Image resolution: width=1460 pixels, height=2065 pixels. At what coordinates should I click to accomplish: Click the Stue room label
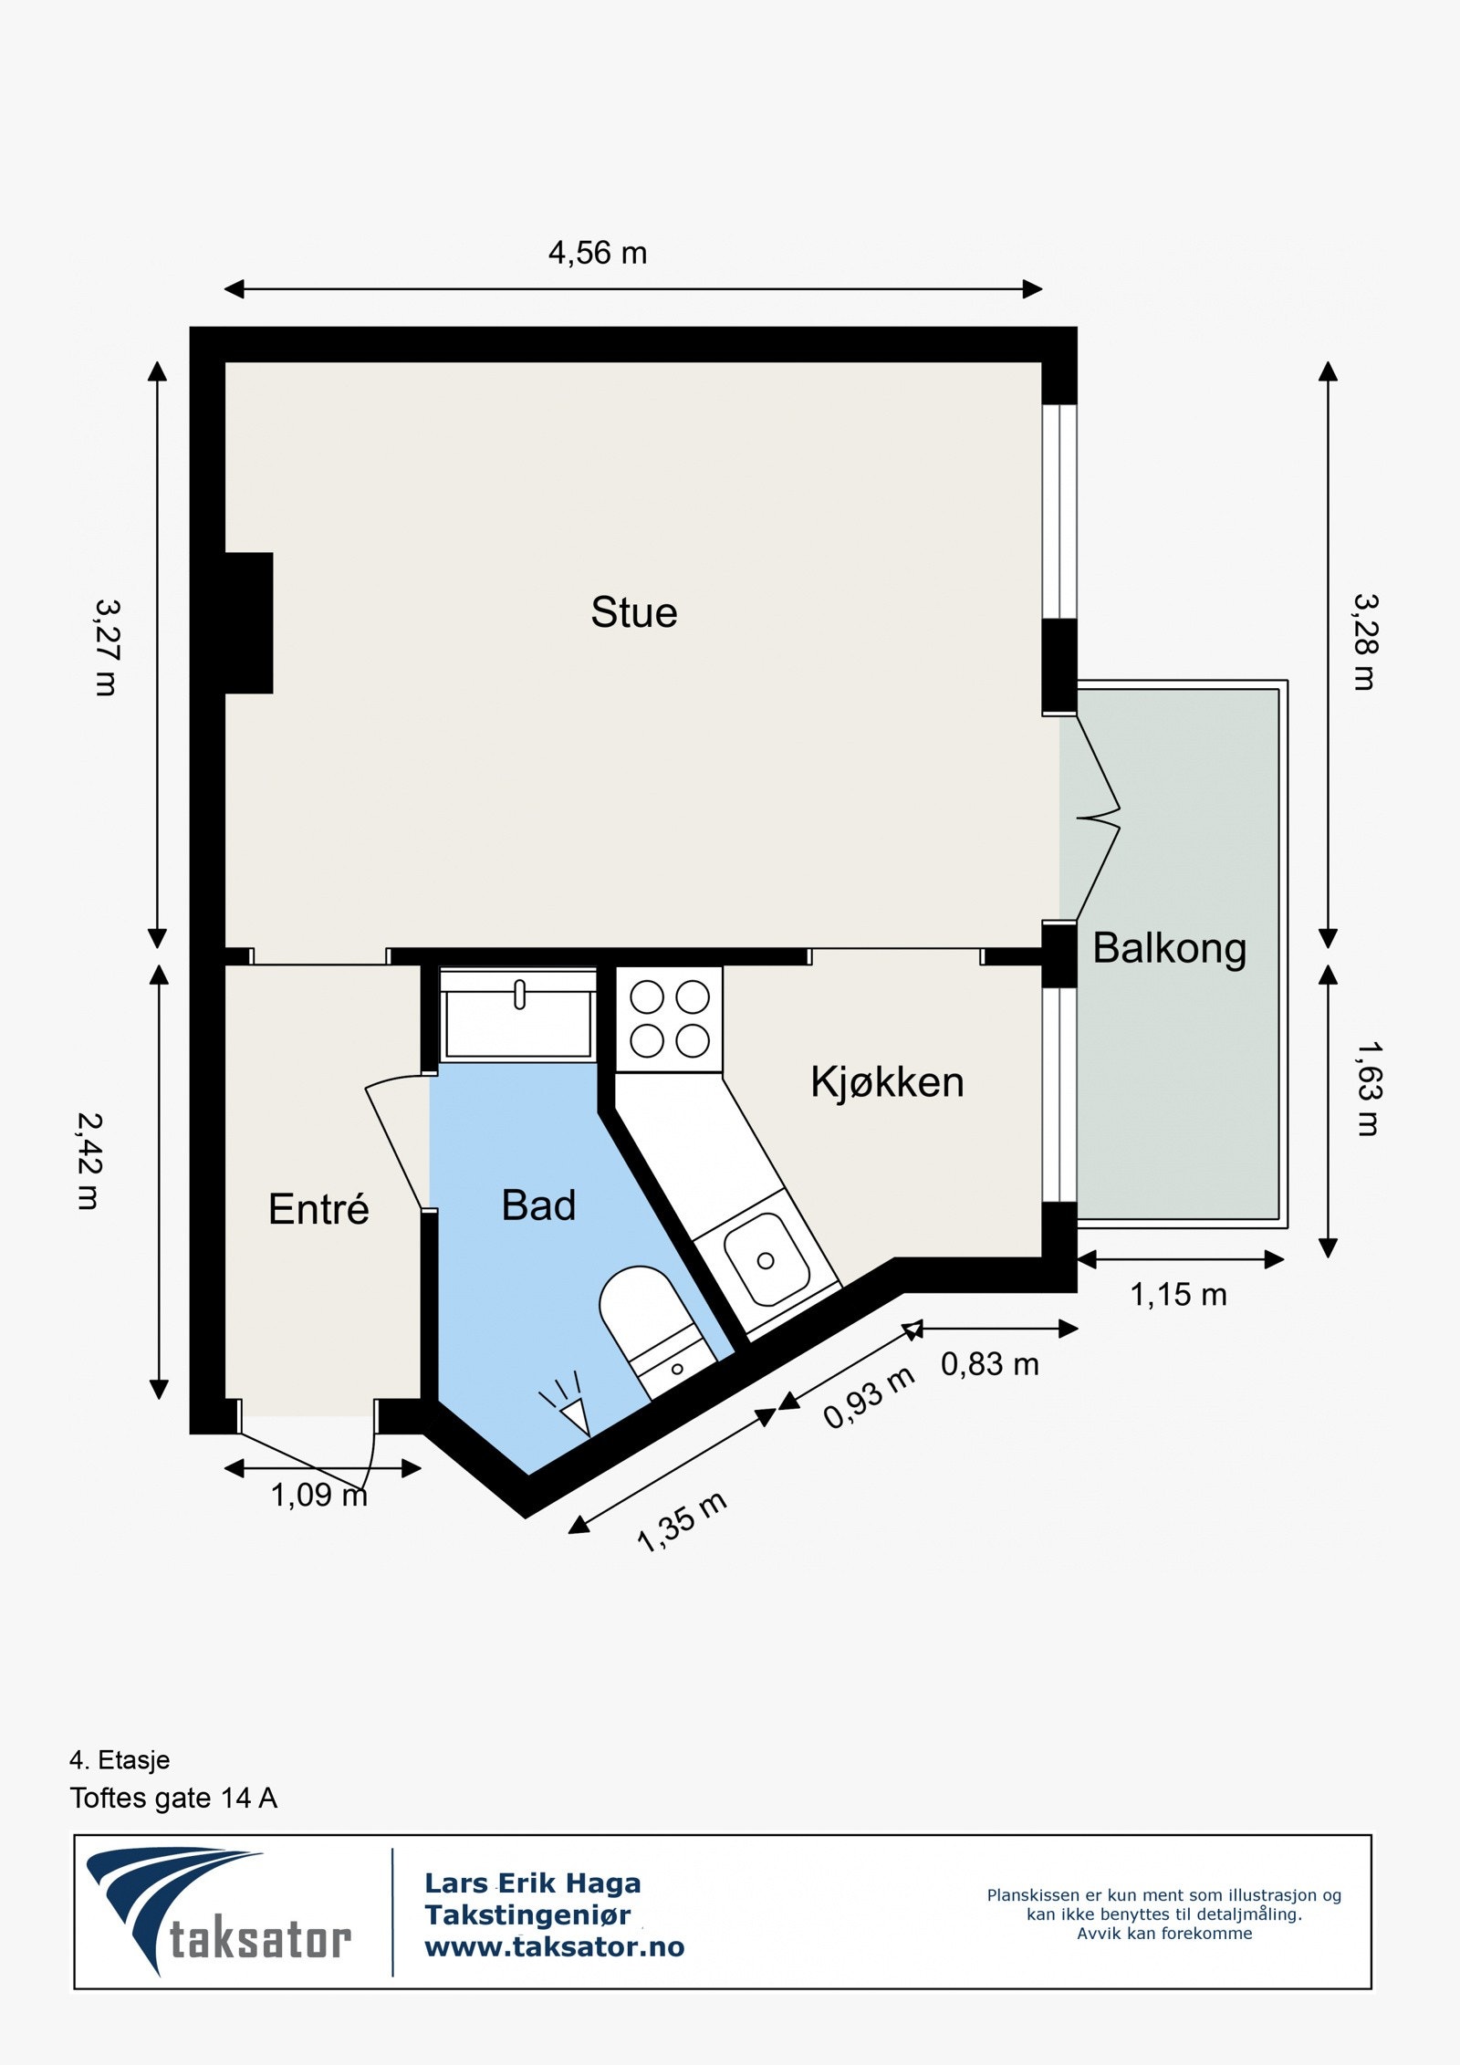click(633, 612)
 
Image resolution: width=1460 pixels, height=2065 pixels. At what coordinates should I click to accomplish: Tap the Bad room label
click(538, 1205)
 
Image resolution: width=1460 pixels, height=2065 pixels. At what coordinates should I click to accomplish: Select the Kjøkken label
click(887, 1082)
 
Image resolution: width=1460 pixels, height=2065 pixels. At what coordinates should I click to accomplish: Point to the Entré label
click(318, 1209)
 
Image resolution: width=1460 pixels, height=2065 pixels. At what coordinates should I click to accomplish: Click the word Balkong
click(1169, 948)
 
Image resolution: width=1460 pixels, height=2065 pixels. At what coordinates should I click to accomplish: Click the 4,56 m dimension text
click(598, 253)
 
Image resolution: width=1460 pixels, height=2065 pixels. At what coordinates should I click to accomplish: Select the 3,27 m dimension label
click(107, 647)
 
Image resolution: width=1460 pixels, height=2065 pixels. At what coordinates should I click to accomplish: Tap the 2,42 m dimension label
click(89, 1161)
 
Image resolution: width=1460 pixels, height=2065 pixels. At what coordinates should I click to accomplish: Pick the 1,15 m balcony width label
click(1178, 1294)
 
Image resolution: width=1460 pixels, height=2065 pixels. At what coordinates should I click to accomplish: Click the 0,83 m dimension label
click(990, 1364)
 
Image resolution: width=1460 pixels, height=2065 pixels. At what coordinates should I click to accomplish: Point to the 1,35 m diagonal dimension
click(682, 1521)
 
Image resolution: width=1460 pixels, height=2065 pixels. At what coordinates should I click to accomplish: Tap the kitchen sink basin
click(766, 1260)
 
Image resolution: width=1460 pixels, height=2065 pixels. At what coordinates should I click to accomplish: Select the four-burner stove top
click(669, 1018)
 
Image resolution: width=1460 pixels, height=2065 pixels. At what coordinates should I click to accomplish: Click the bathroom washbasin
click(517, 1013)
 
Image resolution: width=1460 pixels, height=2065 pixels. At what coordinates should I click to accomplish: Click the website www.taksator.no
click(554, 1947)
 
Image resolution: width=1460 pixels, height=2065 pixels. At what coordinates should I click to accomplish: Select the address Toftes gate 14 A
click(173, 1799)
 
